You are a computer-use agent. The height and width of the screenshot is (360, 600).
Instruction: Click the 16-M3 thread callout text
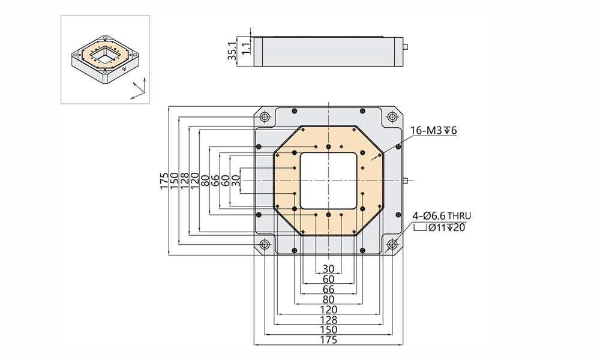pyautogui.click(x=434, y=131)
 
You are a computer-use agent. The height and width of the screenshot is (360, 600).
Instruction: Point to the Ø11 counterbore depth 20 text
pyautogui.click(x=445, y=227)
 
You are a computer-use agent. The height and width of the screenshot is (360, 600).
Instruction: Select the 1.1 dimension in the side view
pyautogui.click(x=245, y=49)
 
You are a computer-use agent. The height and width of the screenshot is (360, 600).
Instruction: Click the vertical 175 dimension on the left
pyautogui.click(x=164, y=180)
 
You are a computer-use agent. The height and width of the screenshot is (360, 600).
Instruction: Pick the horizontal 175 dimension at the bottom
pyautogui.click(x=328, y=340)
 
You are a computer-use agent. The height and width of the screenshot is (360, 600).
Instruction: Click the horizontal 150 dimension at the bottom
pyautogui.click(x=328, y=329)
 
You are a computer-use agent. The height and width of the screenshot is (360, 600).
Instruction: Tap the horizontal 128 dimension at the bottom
pyautogui.click(x=328, y=319)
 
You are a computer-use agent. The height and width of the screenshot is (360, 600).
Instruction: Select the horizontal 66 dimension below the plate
pyautogui.click(x=328, y=289)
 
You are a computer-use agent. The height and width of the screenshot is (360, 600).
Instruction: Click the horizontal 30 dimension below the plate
pyautogui.click(x=328, y=269)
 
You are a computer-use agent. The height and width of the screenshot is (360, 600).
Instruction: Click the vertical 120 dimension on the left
pyautogui.click(x=194, y=180)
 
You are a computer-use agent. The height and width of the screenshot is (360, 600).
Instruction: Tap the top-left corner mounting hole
pyautogui.click(x=264, y=116)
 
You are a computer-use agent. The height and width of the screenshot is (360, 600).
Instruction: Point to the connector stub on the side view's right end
pyautogui.click(x=406, y=46)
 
